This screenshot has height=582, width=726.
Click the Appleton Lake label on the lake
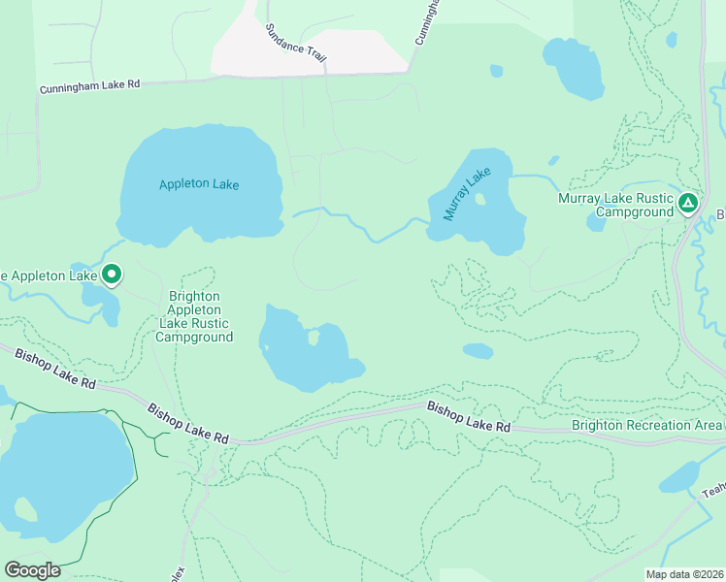point(199,184)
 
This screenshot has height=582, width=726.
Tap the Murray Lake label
point(468,194)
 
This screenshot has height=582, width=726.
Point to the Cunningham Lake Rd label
point(90,86)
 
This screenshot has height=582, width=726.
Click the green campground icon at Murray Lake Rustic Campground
point(687,204)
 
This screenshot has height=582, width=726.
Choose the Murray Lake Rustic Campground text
point(615,205)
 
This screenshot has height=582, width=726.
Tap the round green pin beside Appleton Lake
point(112,275)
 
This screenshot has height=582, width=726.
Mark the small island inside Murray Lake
point(479,200)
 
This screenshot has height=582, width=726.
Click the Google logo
point(32,570)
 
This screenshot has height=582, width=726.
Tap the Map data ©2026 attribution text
point(684,573)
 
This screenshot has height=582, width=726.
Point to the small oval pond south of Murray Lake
point(478,351)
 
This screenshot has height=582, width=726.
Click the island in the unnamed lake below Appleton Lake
point(313,338)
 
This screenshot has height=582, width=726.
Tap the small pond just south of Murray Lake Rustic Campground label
point(596,222)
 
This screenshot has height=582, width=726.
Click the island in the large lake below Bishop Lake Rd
point(23,509)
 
